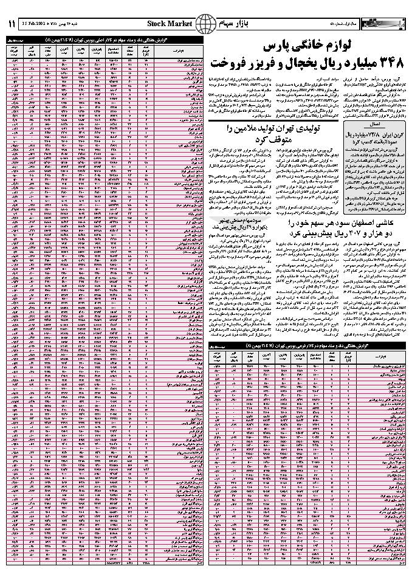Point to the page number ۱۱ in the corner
tap(12, 23)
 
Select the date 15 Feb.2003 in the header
tap(35, 23)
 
